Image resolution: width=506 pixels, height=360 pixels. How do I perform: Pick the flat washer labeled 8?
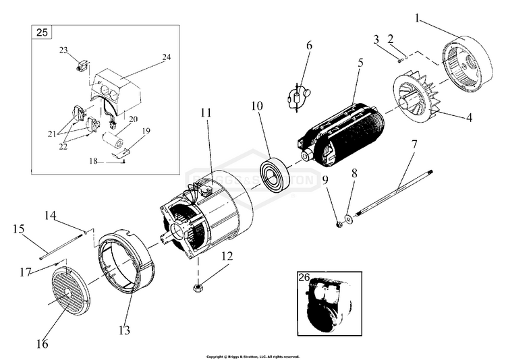pyautogui.click(x=349, y=218)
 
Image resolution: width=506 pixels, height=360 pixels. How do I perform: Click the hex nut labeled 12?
pyautogui.click(x=200, y=288)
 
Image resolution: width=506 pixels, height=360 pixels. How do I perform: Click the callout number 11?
pyautogui.click(x=206, y=113)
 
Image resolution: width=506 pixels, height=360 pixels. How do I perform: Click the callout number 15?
pyautogui.click(x=18, y=229)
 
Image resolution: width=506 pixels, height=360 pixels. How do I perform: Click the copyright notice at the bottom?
pyautogui.click(x=252, y=357)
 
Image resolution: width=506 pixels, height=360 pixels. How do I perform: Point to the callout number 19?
pyautogui.click(x=146, y=131)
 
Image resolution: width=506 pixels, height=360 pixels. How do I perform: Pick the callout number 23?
pyautogui.click(x=63, y=50)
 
